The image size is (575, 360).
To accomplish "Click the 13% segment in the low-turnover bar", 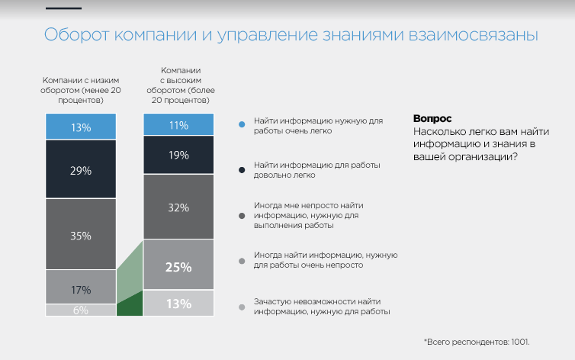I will pos(81,126).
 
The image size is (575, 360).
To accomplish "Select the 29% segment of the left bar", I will pos(81,169).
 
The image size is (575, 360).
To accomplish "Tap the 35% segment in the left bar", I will pos(81,234).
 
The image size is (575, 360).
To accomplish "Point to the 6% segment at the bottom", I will pos(81,310).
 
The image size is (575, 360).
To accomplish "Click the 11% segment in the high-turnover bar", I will pos(178,125).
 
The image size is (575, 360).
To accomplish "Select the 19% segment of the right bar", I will pos(178,155).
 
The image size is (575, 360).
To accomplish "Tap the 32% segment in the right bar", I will pos(178,206).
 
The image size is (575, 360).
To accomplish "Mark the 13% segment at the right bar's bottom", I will pos(178,303).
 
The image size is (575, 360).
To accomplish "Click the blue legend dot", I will pos(241,123).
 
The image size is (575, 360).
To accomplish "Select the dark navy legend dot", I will pos(241,169).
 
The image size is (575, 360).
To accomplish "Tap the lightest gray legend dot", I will pos(241,307).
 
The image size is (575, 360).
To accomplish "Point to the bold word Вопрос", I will pos(432,119).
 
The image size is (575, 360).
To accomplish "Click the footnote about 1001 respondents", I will pos(476,341).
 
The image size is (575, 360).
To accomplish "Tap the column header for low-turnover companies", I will pos(81,89).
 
